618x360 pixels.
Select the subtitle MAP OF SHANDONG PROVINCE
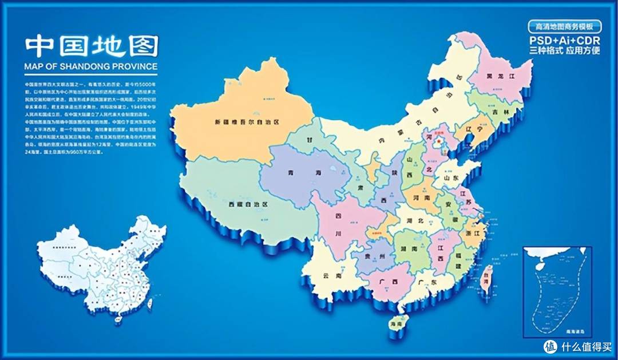(x=91, y=66)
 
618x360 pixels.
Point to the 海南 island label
(x=396, y=325)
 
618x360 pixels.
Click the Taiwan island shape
(x=486, y=279)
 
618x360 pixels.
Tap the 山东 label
(x=451, y=178)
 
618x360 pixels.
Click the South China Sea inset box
(x=557, y=291)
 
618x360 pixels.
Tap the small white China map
(x=102, y=269)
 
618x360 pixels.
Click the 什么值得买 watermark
(x=578, y=346)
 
